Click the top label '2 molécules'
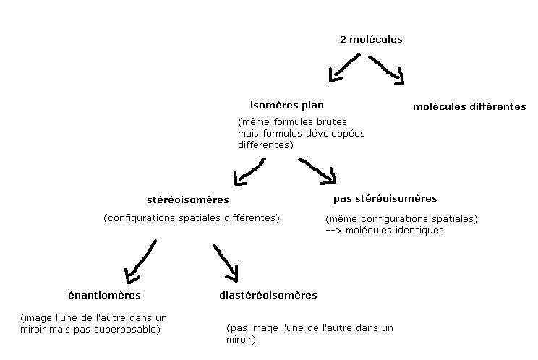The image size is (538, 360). click(370, 40)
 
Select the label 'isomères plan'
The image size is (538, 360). click(287, 106)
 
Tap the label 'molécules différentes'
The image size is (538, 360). click(469, 107)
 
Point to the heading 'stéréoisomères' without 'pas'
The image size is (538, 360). click(187, 200)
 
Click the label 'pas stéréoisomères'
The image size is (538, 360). click(385, 198)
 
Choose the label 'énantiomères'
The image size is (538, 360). click(104, 295)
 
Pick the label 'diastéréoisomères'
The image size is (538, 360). click(268, 295)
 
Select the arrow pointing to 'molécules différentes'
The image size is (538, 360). click(388, 69)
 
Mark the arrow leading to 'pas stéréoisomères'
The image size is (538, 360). click(318, 170)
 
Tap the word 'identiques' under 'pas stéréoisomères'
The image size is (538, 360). click(420, 231)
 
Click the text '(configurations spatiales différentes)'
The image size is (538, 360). click(192, 218)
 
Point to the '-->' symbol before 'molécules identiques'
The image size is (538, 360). click(334, 231)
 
